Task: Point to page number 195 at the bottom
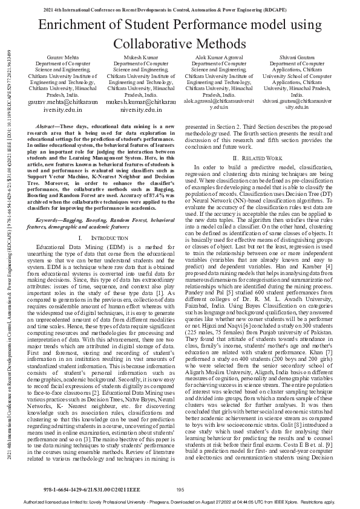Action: pos(180,490)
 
